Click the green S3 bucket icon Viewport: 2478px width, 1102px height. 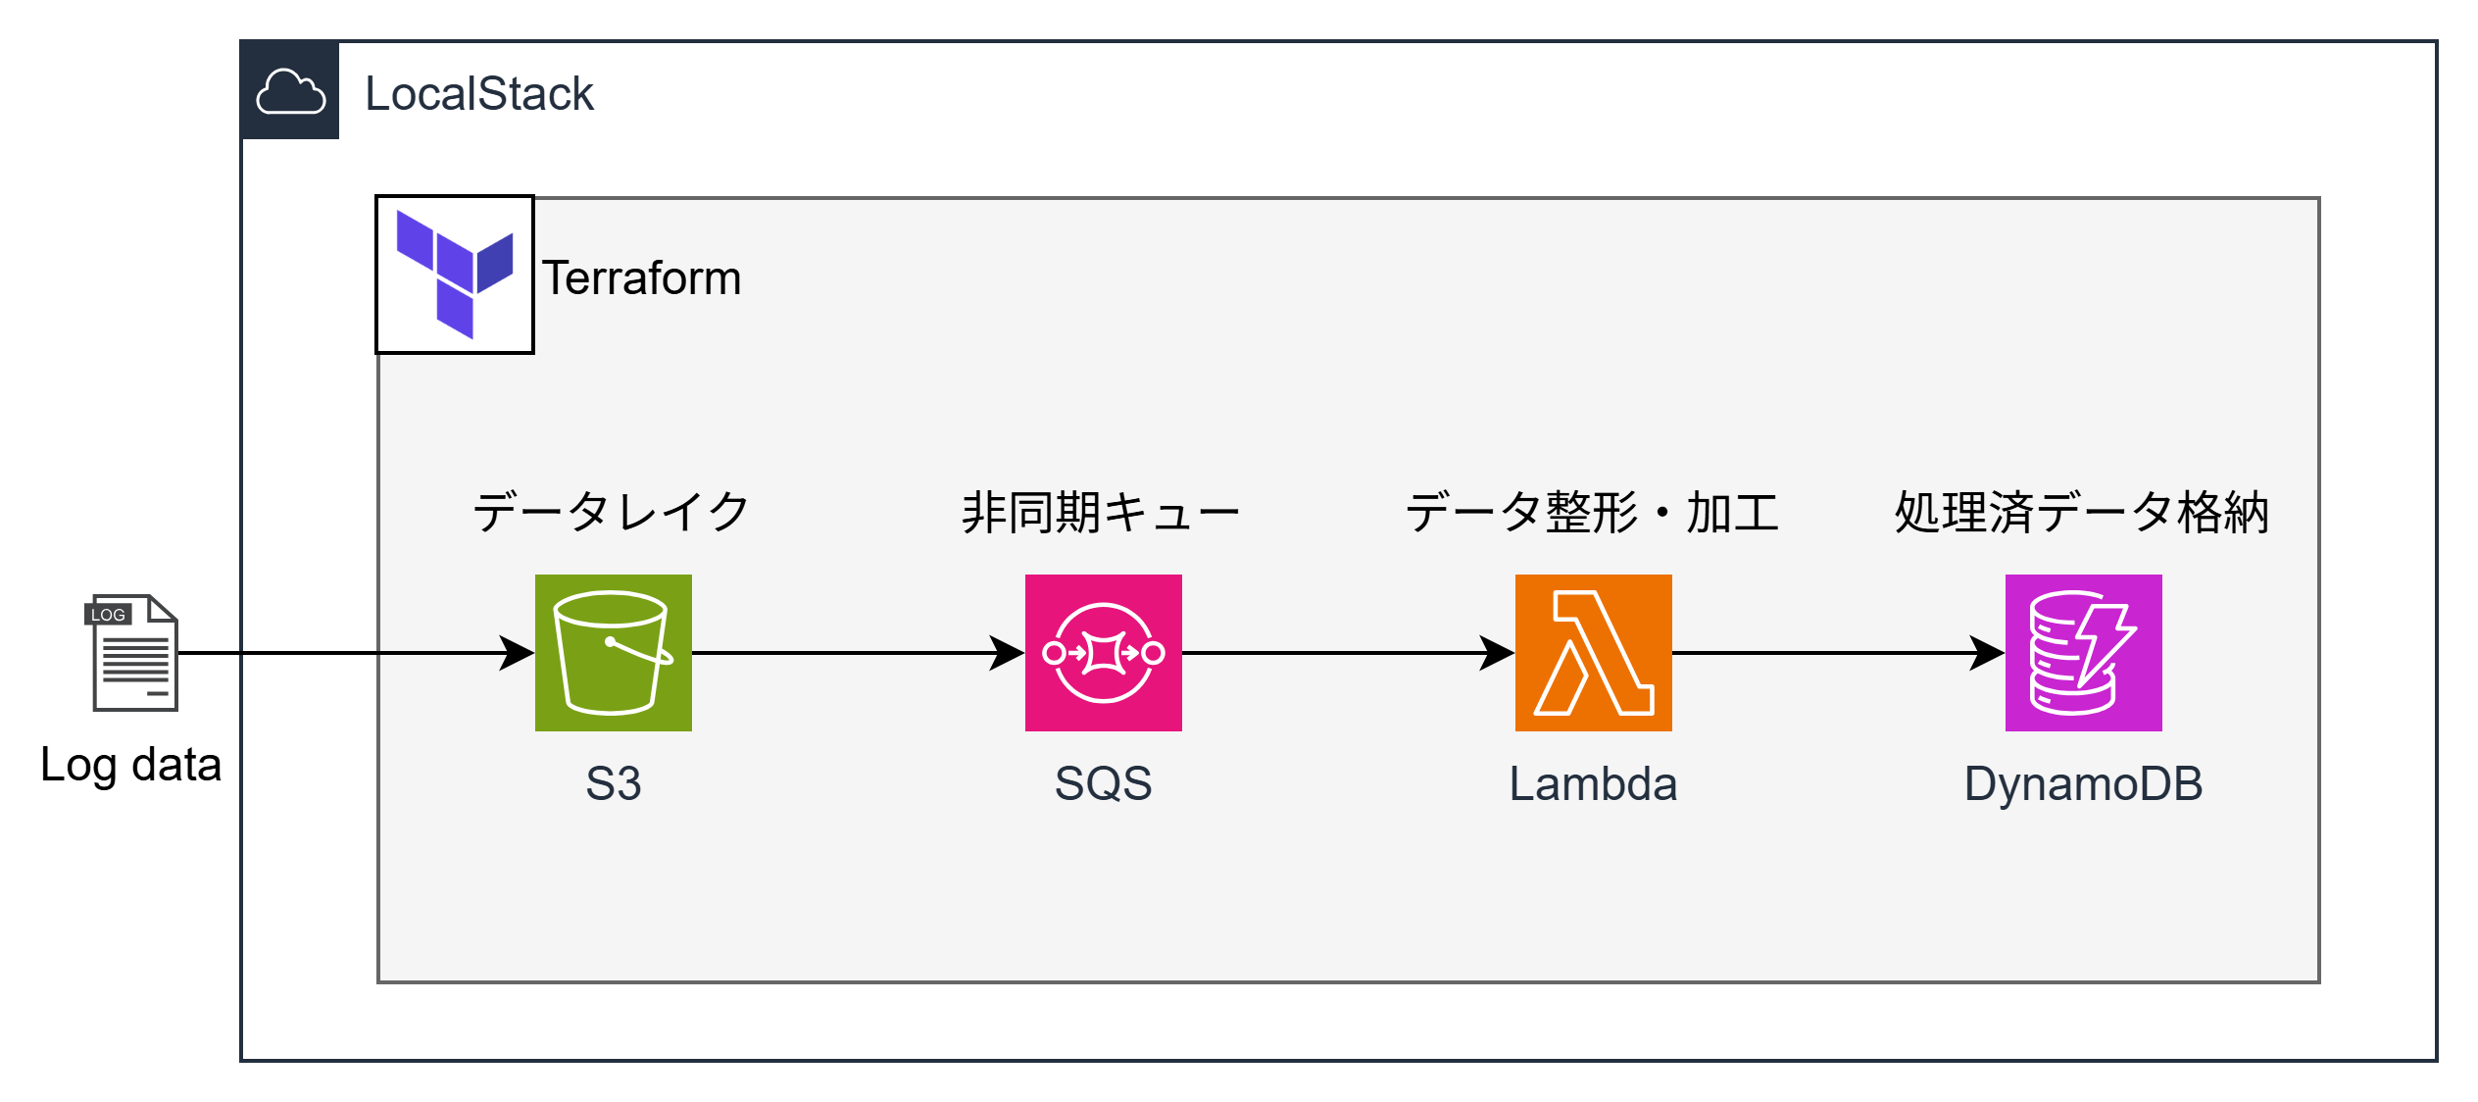pos(613,652)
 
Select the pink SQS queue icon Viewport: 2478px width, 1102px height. pos(1103,652)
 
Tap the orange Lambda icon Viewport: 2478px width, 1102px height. pos(1593,652)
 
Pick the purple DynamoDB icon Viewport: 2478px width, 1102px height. pos(2083,652)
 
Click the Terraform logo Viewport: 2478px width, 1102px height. pos(455,275)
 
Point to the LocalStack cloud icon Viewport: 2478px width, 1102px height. pos(290,91)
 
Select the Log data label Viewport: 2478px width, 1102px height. pos(131,765)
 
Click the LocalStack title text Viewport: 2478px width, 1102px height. pos(479,94)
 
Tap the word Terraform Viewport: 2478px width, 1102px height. pos(642,278)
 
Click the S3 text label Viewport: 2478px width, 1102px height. pos(613,784)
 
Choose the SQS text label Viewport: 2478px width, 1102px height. pos(1103,784)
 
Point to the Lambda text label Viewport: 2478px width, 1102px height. pos(1593,784)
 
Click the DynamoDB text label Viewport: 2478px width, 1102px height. pos(2083,784)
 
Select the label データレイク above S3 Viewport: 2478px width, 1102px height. pos(612,512)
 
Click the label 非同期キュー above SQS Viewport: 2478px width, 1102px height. pos(1101,512)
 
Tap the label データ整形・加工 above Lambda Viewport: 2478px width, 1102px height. pos(1592,512)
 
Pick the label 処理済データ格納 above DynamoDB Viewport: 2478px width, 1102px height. pos(2082,512)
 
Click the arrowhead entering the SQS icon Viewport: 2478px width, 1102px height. pos(1008,652)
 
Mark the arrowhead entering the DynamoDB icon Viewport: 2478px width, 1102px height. pos(1988,652)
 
